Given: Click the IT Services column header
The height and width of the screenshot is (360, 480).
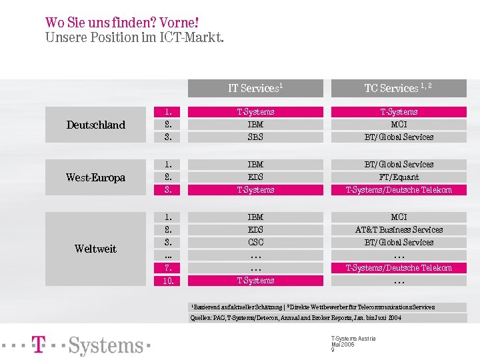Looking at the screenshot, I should [x=255, y=88].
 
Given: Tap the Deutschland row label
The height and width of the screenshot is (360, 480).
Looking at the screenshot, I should [x=95, y=125].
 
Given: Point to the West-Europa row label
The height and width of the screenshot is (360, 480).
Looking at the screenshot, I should [x=95, y=177].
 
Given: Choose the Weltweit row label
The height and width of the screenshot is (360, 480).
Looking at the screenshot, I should [x=95, y=249].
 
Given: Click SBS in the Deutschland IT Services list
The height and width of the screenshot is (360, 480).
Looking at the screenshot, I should [x=255, y=137].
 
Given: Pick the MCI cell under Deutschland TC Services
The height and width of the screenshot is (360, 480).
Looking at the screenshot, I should [x=399, y=125].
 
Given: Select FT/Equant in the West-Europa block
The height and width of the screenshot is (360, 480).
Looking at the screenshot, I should [x=399, y=177].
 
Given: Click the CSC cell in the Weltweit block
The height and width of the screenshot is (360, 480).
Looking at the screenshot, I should [x=255, y=243].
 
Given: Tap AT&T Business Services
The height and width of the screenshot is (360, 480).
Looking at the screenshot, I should [x=399, y=230].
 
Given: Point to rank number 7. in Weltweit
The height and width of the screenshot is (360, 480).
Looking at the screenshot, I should [x=168, y=268].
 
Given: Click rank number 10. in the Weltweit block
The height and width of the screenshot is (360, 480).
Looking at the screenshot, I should [x=168, y=281].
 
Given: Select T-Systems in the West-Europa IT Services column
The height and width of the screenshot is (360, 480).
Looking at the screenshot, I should [x=255, y=190].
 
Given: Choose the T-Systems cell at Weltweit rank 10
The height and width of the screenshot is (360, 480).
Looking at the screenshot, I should [x=255, y=281].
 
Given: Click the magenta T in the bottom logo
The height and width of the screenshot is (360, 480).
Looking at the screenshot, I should [x=39, y=345].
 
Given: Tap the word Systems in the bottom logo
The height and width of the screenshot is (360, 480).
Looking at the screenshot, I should [x=106, y=345].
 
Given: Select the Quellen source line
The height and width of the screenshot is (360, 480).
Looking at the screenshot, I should [x=297, y=318].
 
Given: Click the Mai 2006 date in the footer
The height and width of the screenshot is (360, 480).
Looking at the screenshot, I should [x=343, y=344].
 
